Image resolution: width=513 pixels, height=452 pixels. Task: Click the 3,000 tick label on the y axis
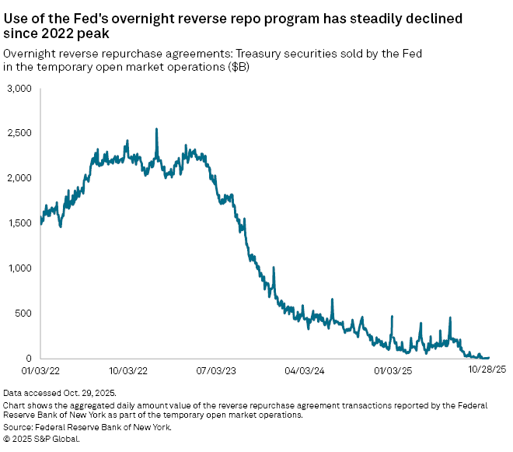pos(18,89)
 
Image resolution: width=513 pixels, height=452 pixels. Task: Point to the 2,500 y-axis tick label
pos(18,134)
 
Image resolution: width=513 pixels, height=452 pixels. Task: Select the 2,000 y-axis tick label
pos(18,178)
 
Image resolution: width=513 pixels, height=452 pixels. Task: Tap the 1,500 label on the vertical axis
pos(18,223)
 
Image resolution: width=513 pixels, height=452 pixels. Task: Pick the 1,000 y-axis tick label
pos(18,268)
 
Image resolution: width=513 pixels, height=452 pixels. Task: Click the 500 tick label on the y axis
pos(23,314)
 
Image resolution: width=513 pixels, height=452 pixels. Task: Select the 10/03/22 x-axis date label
pos(130,371)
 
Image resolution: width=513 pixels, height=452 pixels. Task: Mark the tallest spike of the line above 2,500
pos(156,130)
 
